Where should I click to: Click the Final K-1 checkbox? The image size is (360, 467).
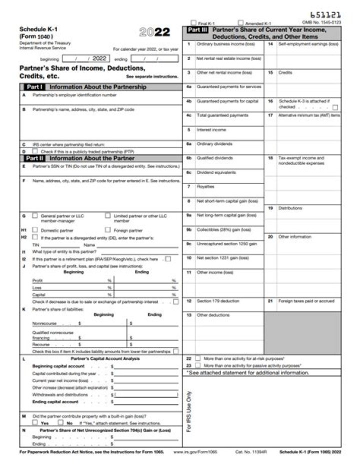click(193, 23)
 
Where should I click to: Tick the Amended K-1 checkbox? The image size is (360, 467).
click(240, 23)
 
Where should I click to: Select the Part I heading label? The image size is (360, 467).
click(34, 87)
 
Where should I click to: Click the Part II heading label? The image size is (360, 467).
click(34, 158)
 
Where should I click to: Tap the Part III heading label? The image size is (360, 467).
click(197, 30)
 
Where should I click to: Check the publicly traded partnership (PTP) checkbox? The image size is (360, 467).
click(35, 151)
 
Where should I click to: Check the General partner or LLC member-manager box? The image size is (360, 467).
click(35, 216)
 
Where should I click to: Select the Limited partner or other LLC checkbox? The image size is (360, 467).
click(108, 216)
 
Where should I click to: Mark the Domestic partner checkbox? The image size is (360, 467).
click(35, 230)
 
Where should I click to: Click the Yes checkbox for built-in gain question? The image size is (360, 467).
click(35, 422)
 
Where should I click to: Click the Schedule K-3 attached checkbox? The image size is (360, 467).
click(335, 107)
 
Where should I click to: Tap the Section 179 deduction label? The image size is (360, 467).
click(218, 301)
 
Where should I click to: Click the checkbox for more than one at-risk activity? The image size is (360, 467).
click(198, 358)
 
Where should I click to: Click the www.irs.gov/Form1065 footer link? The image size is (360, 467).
click(195, 451)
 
